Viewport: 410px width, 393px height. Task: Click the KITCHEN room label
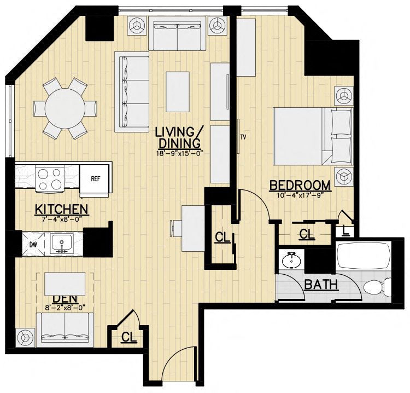pyautogui.click(x=61, y=209)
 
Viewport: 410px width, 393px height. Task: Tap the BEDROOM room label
pyautogui.click(x=300, y=186)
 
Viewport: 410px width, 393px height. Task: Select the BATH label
pyautogui.click(x=321, y=284)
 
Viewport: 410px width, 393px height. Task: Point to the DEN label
pyautogui.click(x=65, y=298)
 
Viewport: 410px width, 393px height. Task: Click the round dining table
pyautogui.click(x=65, y=108)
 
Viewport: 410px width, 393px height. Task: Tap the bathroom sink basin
pyautogui.click(x=291, y=260)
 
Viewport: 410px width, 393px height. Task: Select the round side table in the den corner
pyautogui.click(x=25, y=336)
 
